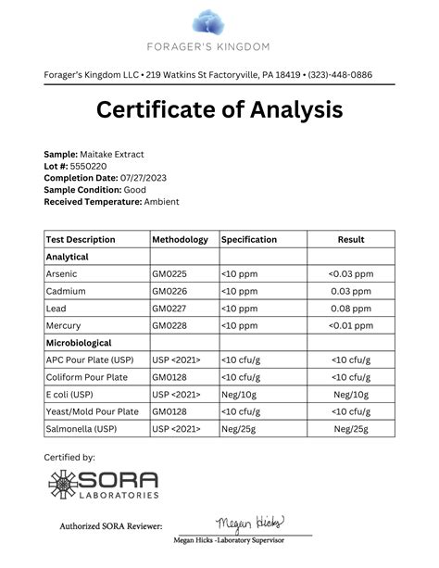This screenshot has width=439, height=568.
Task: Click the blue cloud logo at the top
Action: point(219,20)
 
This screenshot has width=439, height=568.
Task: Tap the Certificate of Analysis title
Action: point(219,111)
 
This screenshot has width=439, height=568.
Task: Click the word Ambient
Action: point(162,201)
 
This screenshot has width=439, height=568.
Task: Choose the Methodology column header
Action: point(180,239)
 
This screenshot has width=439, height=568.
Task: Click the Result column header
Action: point(350,239)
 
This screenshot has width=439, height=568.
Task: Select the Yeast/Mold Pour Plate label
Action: point(92,411)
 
